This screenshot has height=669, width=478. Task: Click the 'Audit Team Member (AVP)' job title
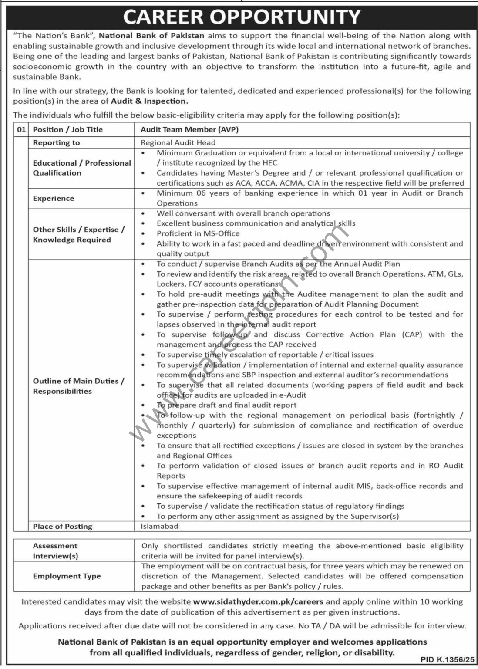[189, 129]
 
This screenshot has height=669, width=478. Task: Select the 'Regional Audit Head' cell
[178, 142]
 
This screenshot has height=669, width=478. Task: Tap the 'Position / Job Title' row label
[67, 129]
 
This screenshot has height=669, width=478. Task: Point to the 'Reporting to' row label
[56, 142]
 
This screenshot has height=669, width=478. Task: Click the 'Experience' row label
[53, 198]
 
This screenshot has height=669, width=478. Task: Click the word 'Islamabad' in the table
[159, 526]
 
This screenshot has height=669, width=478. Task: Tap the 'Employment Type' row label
[67, 576]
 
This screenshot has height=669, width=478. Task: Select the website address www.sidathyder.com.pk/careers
[258, 601]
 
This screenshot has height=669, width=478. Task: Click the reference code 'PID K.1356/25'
[445, 660]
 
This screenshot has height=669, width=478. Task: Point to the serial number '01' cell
[21, 129]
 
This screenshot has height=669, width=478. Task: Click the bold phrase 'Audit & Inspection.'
[150, 101]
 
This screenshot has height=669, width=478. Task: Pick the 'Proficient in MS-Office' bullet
[198, 233]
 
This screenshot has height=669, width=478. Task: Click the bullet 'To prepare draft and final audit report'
[226, 405]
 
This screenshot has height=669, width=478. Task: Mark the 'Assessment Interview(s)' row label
[55, 551]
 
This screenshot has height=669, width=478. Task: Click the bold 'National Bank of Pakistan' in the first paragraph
[151, 36]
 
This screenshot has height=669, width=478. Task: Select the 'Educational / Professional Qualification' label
[81, 168]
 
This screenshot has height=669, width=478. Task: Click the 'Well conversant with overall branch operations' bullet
[243, 213]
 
